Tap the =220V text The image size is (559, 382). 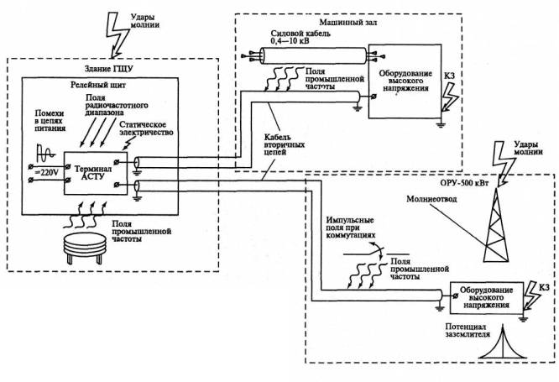click(x=39, y=172)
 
